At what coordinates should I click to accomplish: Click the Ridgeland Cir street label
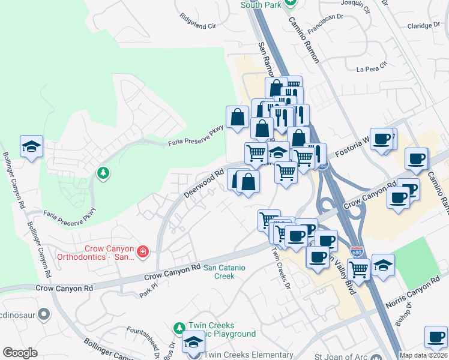pos(197,26)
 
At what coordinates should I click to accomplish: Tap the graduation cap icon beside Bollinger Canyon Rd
pos(31,146)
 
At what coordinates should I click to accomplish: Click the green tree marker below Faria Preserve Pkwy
pos(103,174)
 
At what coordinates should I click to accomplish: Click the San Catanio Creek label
pos(219,272)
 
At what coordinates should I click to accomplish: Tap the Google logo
pos(20,353)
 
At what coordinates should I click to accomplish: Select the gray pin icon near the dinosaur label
pos(43,314)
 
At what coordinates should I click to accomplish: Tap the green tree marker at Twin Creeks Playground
pos(179,328)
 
